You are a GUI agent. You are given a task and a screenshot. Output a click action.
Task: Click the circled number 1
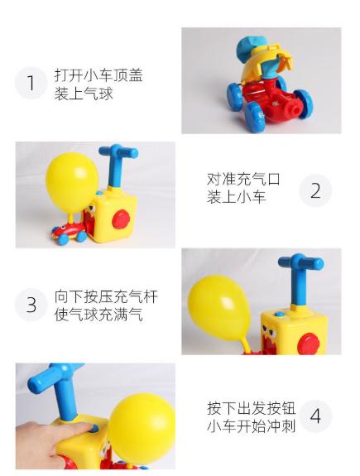31,84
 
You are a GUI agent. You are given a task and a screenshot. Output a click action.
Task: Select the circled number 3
31,305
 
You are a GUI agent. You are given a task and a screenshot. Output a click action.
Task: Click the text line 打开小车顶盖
98,75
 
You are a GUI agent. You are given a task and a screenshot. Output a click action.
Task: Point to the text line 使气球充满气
98,315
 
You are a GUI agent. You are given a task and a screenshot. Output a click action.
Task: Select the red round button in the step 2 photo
123,219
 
